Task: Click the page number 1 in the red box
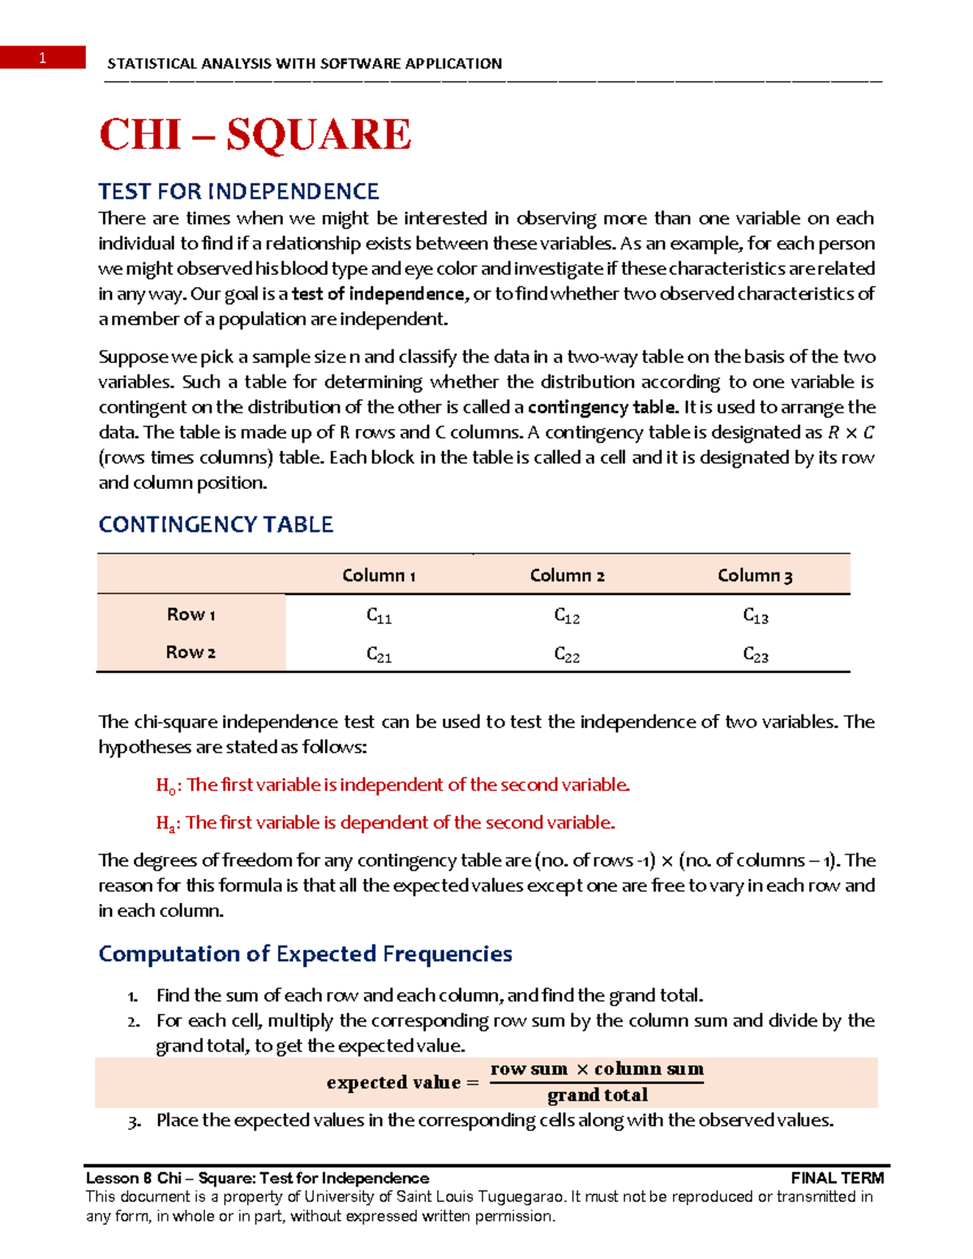tap(42, 58)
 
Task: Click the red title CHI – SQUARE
tap(255, 135)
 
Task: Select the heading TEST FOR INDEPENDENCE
tap(238, 191)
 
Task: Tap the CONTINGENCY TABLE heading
tap(216, 525)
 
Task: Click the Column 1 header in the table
tap(379, 576)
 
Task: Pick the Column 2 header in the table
tap(567, 576)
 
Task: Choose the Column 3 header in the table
tap(755, 576)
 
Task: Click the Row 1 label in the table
tap(191, 615)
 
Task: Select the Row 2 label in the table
tap(191, 653)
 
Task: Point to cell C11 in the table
tap(379, 616)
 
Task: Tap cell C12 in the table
tap(567, 616)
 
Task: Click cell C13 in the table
tap(756, 616)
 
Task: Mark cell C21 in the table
tap(379, 654)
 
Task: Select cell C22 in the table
tap(567, 654)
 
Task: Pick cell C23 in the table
tap(756, 654)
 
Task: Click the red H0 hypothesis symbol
tap(165, 786)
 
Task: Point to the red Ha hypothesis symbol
tap(165, 824)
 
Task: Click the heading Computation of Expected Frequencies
tap(305, 953)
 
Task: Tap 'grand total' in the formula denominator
tap(598, 1095)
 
